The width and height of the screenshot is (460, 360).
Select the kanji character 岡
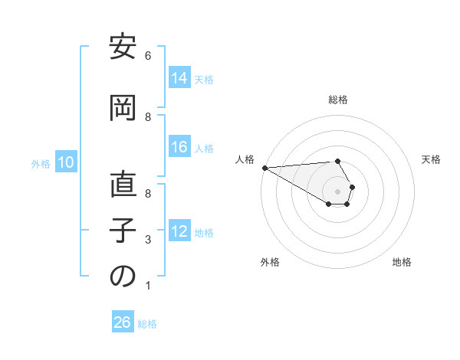click(x=123, y=109)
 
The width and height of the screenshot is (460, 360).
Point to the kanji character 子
click(x=123, y=232)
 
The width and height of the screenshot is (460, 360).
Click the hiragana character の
click(x=123, y=277)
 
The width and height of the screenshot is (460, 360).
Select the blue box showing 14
click(x=179, y=78)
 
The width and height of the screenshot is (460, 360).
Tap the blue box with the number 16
click(x=179, y=147)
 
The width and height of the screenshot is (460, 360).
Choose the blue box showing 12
click(x=179, y=231)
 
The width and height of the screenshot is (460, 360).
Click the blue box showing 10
click(x=66, y=162)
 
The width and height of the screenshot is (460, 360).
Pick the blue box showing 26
click(x=123, y=322)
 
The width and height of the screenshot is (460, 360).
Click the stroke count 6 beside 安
click(x=148, y=56)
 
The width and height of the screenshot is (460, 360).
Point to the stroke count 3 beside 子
click(x=148, y=240)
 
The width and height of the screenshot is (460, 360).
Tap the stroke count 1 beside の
click(x=148, y=286)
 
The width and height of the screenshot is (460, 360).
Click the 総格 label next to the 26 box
click(x=147, y=324)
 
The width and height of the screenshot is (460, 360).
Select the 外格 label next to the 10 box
click(x=41, y=163)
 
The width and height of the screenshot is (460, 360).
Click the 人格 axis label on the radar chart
click(x=245, y=159)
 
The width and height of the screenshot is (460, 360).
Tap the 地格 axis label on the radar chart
click(x=402, y=262)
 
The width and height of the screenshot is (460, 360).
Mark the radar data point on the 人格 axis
click(x=264, y=167)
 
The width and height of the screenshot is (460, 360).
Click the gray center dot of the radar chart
click(x=337, y=191)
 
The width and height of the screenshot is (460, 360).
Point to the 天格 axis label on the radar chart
click(x=432, y=159)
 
